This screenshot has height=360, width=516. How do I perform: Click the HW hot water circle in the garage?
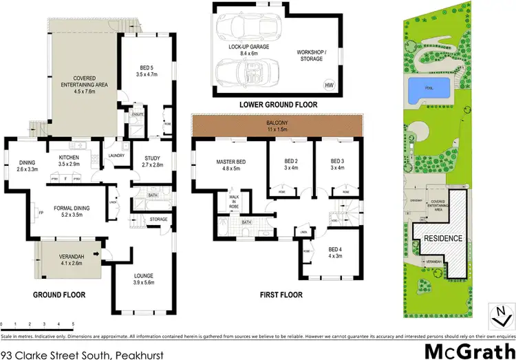point(329,85)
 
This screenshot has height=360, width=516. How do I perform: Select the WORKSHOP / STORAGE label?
point(325,56)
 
